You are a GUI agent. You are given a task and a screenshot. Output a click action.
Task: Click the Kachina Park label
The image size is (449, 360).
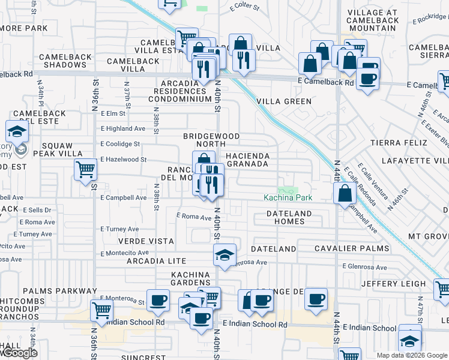click(287, 197)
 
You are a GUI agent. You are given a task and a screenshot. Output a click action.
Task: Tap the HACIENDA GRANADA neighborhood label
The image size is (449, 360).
click(247, 160)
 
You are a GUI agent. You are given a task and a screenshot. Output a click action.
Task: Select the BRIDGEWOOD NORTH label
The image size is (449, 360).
click(204, 140)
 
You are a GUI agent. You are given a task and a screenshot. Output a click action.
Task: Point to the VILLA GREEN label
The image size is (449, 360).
click(284, 101)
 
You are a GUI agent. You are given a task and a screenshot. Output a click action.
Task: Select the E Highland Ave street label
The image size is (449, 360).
click(122, 128)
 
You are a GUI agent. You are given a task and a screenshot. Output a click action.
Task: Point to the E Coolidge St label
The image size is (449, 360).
click(120, 144)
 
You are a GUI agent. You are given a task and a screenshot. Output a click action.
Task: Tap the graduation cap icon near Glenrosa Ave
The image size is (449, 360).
click(224, 254)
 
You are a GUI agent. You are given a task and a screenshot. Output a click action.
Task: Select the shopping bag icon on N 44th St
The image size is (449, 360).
click(345, 194)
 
